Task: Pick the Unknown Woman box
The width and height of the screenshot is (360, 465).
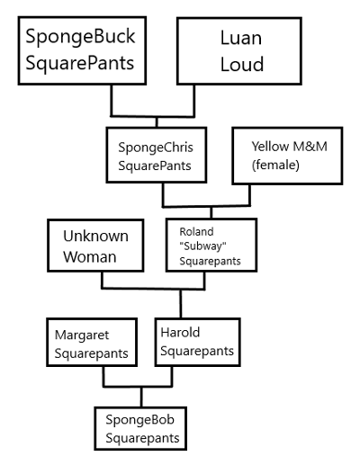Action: tap(95, 246)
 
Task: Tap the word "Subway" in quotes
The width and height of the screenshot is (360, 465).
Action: tap(204, 246)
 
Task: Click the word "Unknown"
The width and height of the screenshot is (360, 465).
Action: tap(95, 236)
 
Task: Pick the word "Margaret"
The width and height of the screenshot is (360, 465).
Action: tap(82, 333)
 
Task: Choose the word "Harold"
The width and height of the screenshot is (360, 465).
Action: tap(180, 333)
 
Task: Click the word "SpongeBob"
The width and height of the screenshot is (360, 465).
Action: tap(139, 420)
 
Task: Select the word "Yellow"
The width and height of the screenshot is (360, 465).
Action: tap(260, 145)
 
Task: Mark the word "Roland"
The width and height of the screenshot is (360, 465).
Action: tap(197, 232)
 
